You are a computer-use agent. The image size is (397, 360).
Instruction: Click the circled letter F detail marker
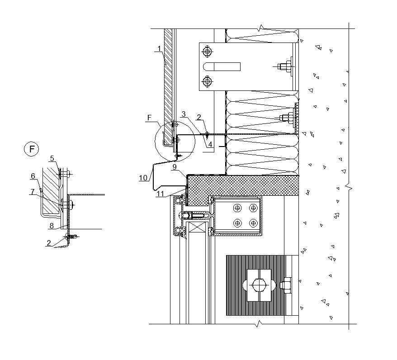[x=31, y=149]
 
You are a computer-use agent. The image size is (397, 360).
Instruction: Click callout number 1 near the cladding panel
[x=159, y=48]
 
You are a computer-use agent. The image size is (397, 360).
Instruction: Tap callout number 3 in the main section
[x=184, y=114]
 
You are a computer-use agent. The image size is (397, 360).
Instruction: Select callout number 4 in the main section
[x=210, y=144]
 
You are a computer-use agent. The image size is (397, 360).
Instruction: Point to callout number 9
[x=174, y=167]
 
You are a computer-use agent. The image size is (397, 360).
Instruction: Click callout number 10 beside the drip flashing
[x=143, y=178]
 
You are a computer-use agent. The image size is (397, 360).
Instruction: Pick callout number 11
[x=160, y=194]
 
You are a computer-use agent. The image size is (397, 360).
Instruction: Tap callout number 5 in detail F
[x=52, y=158]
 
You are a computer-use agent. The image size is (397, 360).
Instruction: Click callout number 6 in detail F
[x=33, y=176]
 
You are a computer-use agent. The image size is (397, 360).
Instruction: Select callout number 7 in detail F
[x=32, y=192]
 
